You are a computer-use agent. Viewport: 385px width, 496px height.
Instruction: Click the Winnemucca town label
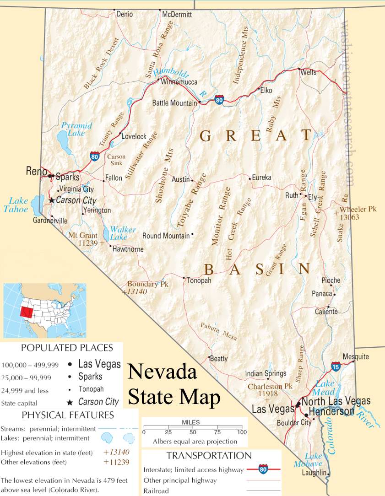coord(178,82)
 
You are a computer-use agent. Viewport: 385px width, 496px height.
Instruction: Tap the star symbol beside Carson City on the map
coord(52,200)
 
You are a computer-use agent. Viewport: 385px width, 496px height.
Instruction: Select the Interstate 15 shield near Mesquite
coord(336,366)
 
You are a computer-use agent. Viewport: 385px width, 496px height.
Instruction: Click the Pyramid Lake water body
coord(61,137)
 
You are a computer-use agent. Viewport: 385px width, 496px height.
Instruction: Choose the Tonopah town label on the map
coord(199,280)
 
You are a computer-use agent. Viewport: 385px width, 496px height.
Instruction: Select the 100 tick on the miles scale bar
coord(241,432)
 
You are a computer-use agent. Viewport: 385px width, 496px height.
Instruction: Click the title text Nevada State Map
coord(174,385)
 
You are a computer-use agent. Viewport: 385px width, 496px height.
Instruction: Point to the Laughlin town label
coord(315,472)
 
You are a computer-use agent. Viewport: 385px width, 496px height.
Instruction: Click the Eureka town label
coord(262,177)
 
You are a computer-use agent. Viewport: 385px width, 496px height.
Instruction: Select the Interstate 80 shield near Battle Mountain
coord(220,100)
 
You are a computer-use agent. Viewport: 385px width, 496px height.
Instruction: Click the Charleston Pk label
coord(270,387)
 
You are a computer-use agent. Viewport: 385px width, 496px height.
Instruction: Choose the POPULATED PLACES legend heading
coord(67,348)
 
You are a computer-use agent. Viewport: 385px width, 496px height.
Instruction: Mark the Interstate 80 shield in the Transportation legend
coord(263,469)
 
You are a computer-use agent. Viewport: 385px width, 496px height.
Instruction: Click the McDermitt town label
coord(177,14)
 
